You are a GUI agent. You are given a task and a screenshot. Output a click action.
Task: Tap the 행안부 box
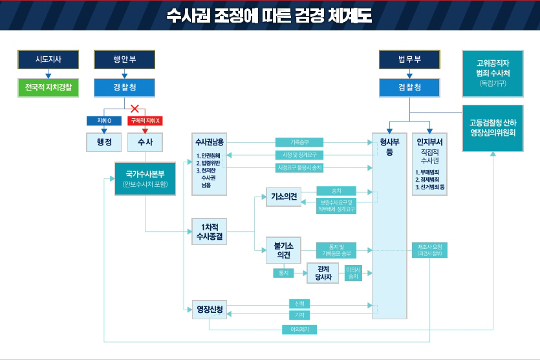pyautogui.click(x=125, y=59)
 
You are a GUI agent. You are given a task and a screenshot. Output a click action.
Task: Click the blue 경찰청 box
pyautogui.click(x=125, y=87)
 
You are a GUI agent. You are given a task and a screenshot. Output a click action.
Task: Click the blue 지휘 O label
pyautogui.click(x=104, y=121)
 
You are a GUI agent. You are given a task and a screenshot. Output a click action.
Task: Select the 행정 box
pyautogui.click(x=104, y=142)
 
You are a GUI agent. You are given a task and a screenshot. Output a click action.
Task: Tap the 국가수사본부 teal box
pyautogui.click(x=145, y=178)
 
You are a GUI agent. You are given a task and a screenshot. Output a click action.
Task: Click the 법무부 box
pyautogui.click(x=409, y=59)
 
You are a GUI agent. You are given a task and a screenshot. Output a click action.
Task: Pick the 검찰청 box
pyautogui.click(x=409, y=87)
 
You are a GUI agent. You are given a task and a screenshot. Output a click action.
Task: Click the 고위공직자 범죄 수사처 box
pyautogui.click(x=492, y=73)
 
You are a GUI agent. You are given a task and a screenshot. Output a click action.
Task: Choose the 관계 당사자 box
pyautogui.click(x=323, y=273)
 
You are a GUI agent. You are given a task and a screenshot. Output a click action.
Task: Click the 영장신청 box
pyautogui.click(x=210, y=310)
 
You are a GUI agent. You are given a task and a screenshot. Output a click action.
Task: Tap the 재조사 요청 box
pyautogui.click(x=429, y=251)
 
